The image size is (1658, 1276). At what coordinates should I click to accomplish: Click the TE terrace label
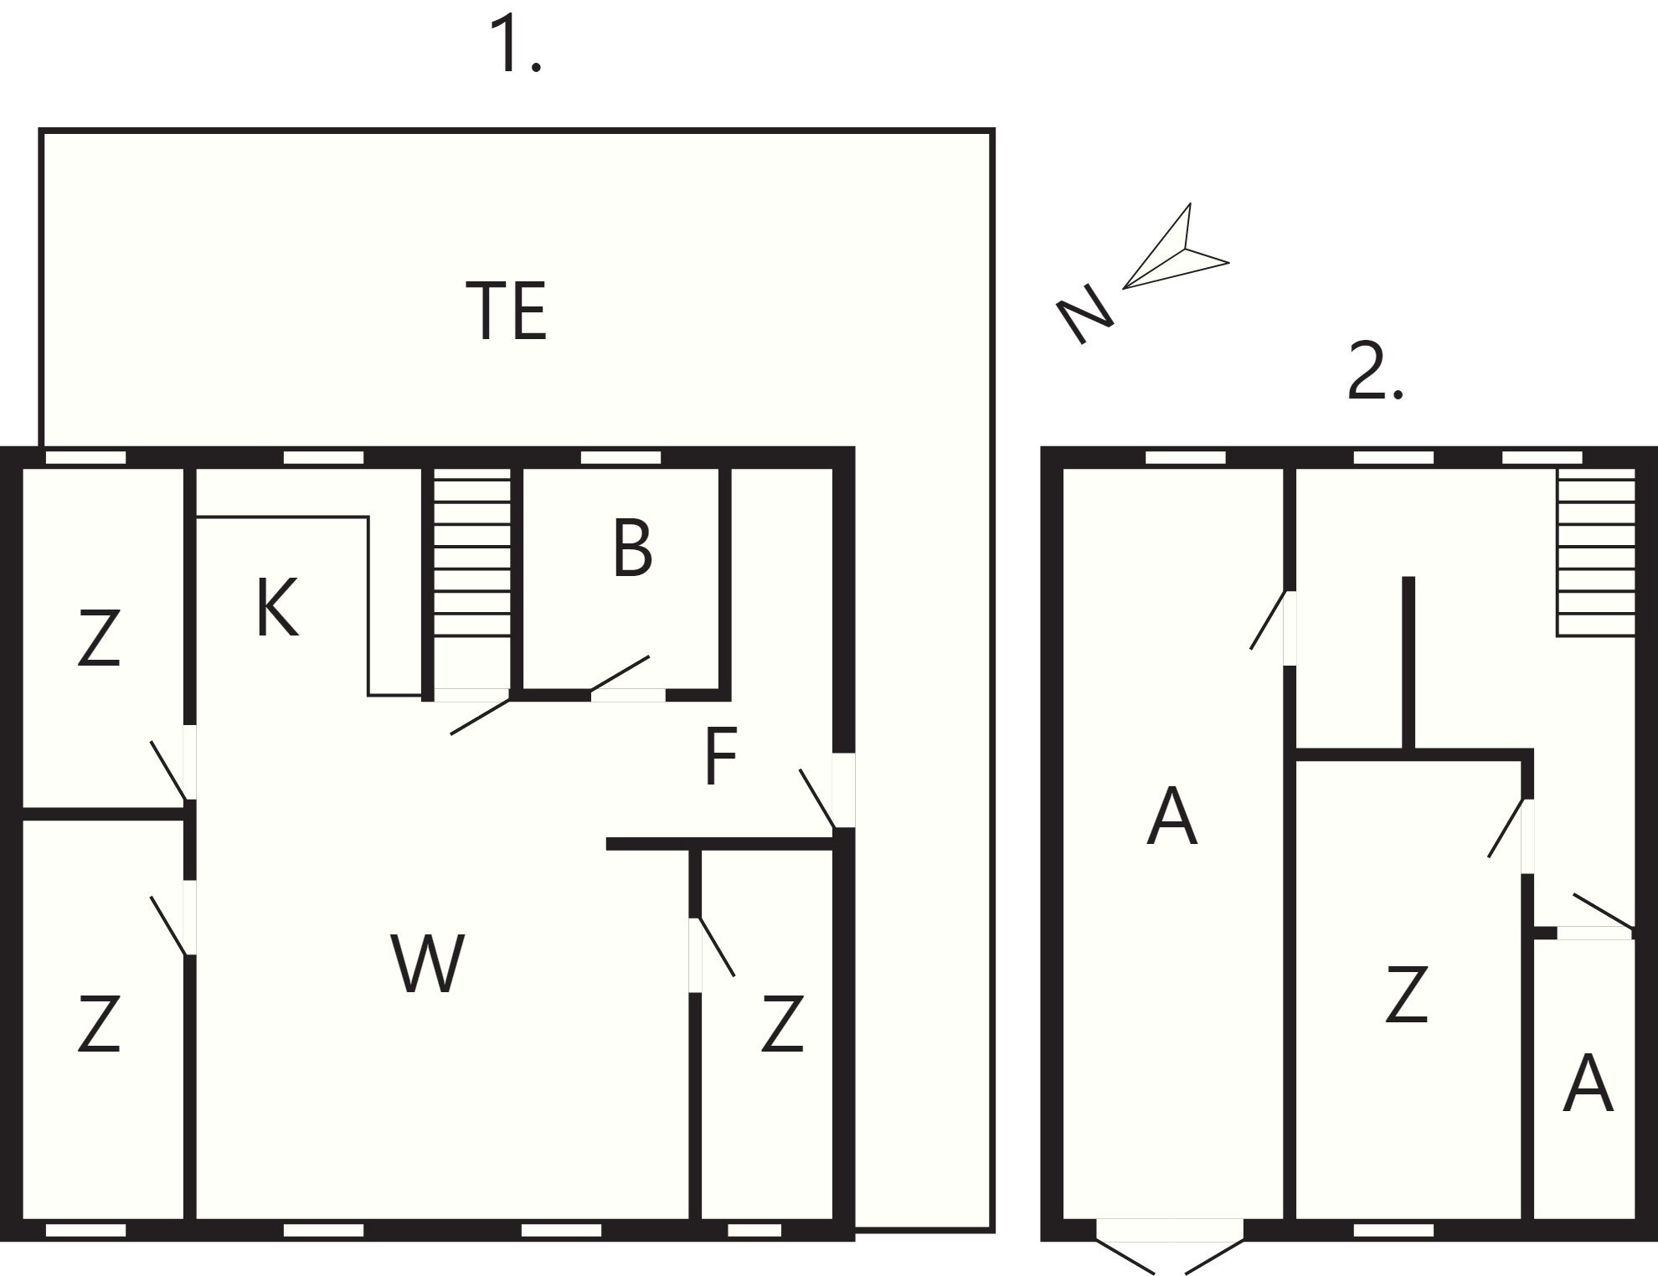(x=507, y=311)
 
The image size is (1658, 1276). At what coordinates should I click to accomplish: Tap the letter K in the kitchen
(x=277, y=609)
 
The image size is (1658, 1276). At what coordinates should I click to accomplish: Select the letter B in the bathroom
(x=632, y=548)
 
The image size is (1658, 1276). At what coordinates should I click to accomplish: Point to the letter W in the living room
(x=427, y=964)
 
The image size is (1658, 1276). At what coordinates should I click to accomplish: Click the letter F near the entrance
(x=721, y=756)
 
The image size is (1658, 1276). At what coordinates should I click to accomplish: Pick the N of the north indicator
(x=1085, y=313)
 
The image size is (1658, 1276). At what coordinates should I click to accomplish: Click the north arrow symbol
(x=1177, y=247)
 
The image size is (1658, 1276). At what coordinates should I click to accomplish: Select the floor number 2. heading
(x=1374, y=372)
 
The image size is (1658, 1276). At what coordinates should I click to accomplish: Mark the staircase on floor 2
(x=1596, y=553)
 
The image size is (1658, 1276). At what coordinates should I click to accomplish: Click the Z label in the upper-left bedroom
(x=99, y=638)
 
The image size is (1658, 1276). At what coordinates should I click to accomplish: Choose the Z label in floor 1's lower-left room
(x=99, y=1023)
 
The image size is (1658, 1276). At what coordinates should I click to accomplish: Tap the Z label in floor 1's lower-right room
(x=783, y=1023)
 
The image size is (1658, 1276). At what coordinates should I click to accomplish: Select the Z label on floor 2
(x=1407, y=994)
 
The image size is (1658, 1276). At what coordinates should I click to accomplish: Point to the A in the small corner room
(x=1588, y=1083)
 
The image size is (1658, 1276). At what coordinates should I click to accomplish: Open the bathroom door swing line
(x=620, y=674)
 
